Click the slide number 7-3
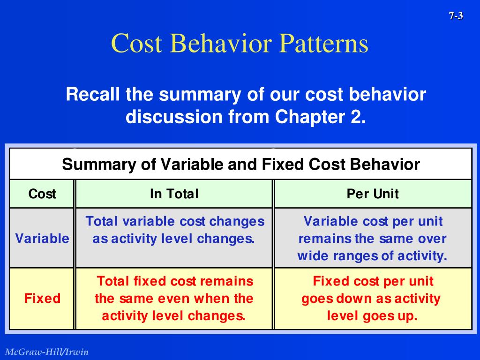[456, 15]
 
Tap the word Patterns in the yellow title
[323, 43]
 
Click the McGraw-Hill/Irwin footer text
[47, 352]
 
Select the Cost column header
[42, 194]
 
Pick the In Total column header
[174, 194]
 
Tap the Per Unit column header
[373, 194]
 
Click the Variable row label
[42, 238]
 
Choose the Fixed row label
[42, 298]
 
